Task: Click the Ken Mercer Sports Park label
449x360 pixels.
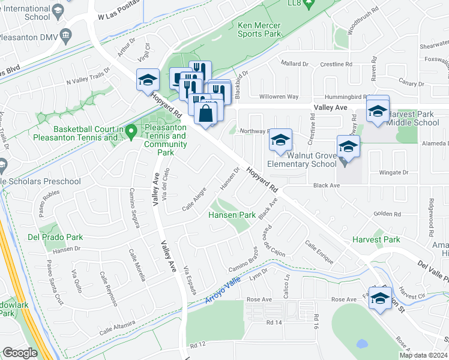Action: point(259,30)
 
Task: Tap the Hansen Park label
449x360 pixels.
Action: point(232,215)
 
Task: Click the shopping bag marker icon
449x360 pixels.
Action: point(205,112)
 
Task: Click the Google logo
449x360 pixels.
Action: point(20,353)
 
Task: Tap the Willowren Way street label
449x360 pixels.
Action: point(279,97)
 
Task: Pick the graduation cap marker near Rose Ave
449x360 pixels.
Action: point(379,298)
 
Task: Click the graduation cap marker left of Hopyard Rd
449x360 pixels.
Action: point(148,80)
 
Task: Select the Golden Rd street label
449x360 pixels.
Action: point(387,214)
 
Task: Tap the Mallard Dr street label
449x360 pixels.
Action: point(294,63)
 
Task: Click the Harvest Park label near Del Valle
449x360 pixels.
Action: point(376,239)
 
